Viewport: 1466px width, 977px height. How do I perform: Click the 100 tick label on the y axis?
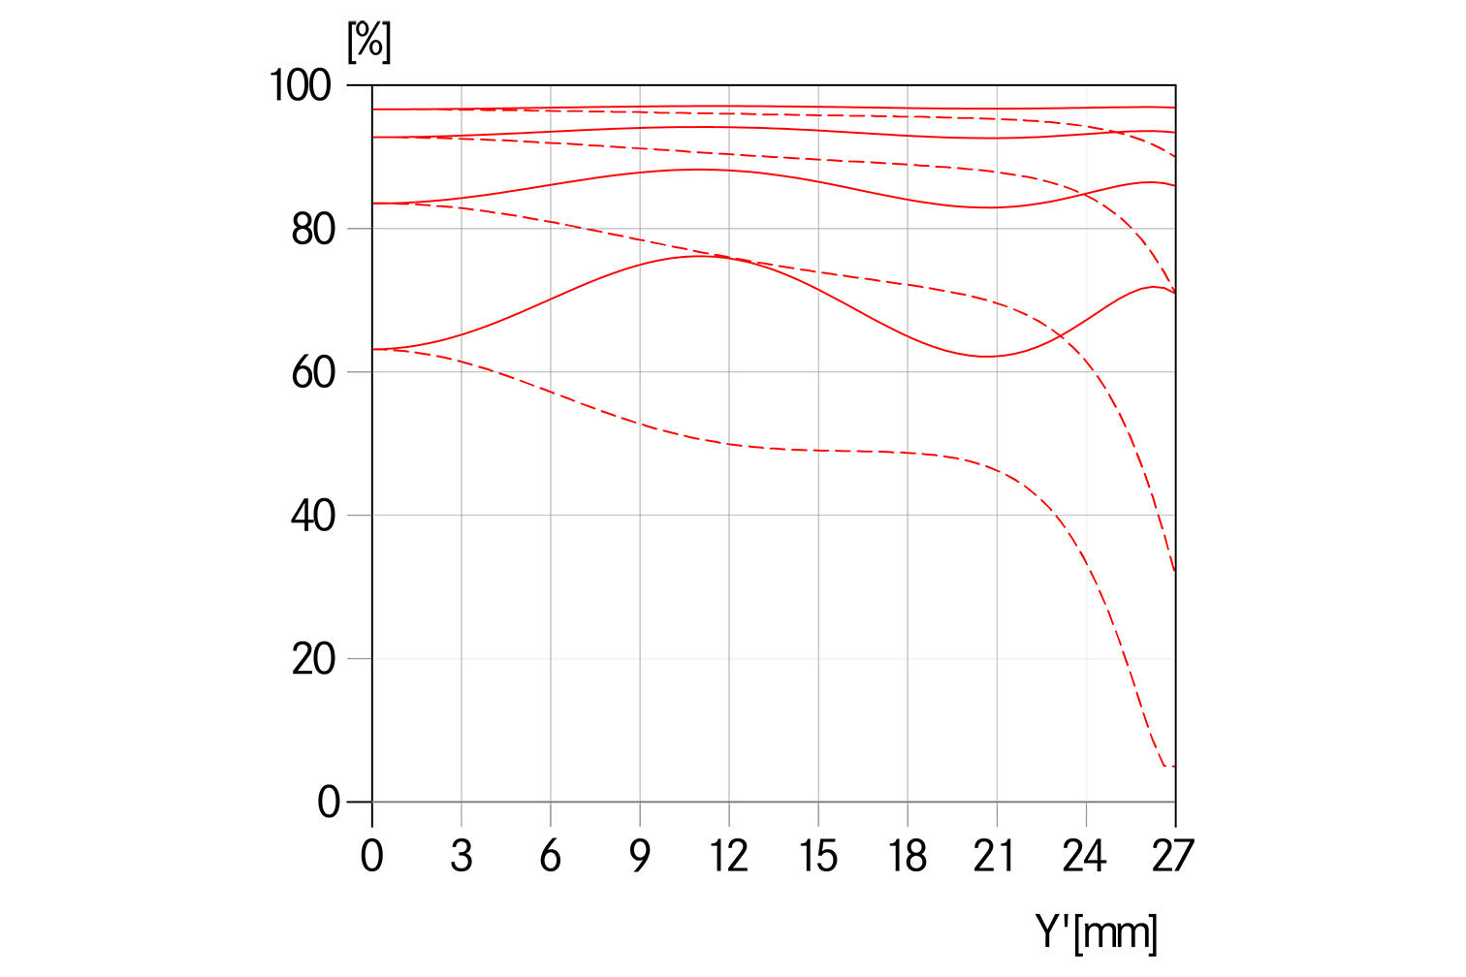click(300, 85)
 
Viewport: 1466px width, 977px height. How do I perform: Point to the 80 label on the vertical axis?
click(312, 230)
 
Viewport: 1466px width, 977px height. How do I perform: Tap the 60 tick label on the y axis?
click(312, 372)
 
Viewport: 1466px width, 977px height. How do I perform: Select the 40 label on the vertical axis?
click(312, 516)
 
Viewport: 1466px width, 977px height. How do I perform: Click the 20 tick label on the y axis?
click(312, 659)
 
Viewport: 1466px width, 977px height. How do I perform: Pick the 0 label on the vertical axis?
click(329, 803)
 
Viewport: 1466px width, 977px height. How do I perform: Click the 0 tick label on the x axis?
click(372, 857)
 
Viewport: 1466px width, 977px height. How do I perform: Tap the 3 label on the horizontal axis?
click(462, 857)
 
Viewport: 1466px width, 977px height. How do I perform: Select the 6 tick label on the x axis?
click(551, 857)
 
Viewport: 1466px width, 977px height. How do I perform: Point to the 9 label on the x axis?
click(640, 857)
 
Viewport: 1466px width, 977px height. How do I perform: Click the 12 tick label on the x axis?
click(728, 857)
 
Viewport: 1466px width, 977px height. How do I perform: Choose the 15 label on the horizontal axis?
click(817, 857)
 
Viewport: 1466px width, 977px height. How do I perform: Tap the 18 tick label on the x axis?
click(907, 857)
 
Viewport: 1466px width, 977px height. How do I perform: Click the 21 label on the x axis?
click(996, 857)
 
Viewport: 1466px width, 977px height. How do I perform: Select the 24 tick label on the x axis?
click(1085, 857)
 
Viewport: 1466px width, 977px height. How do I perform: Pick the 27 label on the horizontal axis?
click(1173, 857)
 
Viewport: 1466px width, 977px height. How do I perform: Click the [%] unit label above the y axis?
click(369, 42)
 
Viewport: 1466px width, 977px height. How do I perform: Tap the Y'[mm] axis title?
click(1097, 932)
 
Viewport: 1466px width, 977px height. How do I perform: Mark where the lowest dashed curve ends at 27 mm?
click(1174, 767)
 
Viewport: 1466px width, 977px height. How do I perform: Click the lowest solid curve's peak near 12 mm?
click(704, 256)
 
